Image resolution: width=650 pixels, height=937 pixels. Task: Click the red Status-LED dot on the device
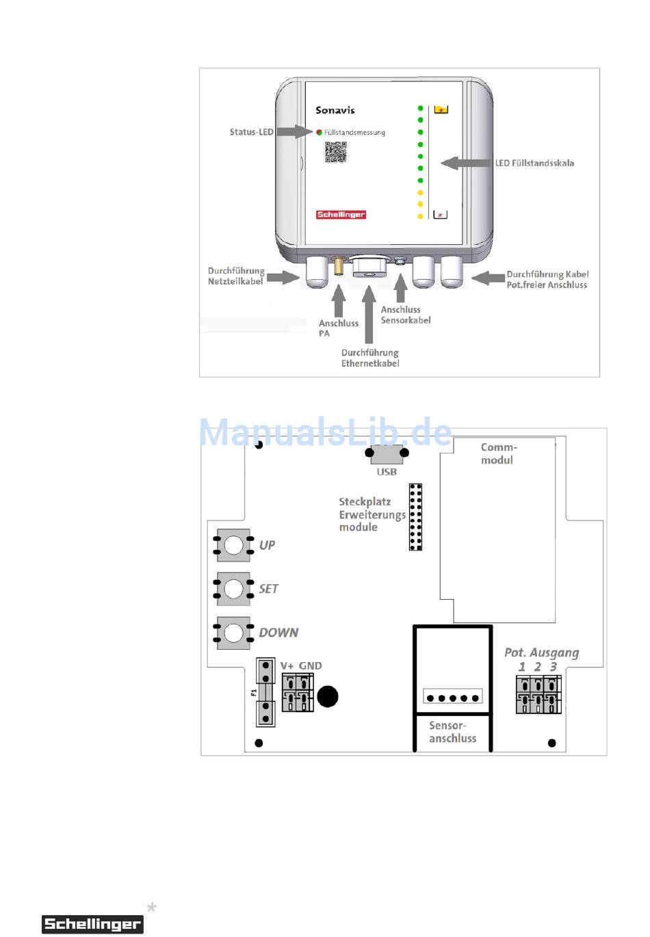(319, 132)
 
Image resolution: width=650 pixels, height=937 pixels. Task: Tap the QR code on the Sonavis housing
(335, 152)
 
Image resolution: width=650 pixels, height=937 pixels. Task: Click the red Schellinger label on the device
(341, 215)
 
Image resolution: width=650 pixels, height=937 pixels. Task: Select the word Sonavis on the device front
(335, 110)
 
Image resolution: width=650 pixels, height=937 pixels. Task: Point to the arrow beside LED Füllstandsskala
(467, 163)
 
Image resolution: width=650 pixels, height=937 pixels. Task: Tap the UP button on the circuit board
(233, 545)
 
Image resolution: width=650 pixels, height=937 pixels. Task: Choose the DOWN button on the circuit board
(233, 633)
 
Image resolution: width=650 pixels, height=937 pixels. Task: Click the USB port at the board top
(387, 454)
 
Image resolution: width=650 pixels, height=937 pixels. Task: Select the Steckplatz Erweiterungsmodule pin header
(415, 517)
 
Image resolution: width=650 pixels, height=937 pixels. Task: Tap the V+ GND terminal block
(298, 691)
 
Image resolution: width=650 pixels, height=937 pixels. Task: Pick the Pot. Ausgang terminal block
(538, 694)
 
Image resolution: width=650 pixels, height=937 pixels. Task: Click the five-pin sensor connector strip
(453, 698)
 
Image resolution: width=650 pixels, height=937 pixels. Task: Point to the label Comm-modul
(498, 453)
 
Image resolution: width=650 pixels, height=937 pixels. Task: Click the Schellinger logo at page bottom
(92, 924)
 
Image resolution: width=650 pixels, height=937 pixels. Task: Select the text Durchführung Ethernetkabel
(370, 358)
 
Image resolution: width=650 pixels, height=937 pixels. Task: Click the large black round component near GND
(328, 696)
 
